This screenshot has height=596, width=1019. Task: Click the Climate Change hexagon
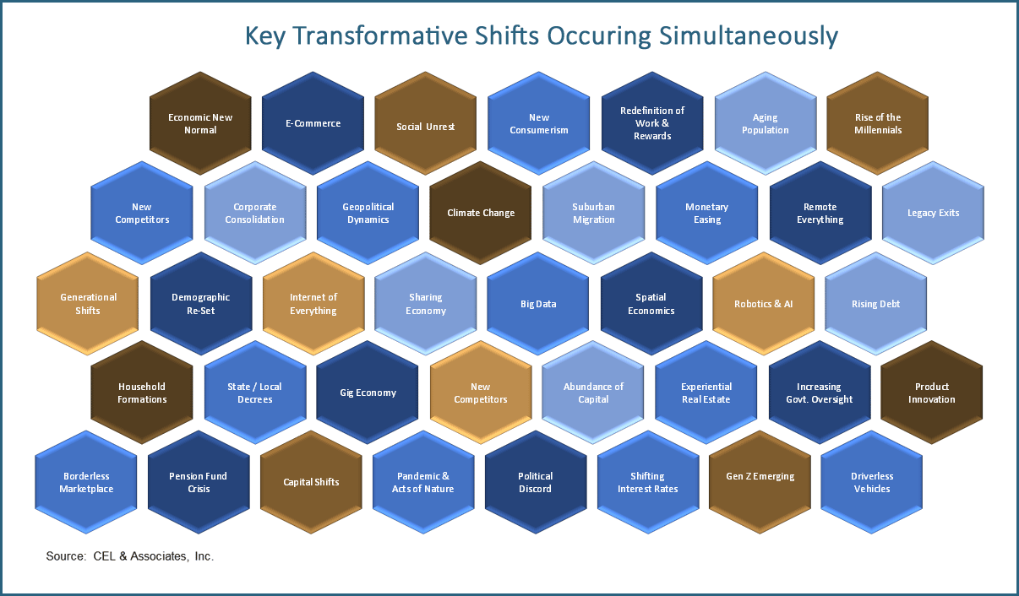[x=481, y=213]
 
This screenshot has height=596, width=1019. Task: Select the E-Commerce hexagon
[x=313, y=123]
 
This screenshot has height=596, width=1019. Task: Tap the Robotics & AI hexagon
[x=763, y=304]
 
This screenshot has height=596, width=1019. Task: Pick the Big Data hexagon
[x=537, y=304]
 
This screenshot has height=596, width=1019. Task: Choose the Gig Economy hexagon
[x=368, y=393]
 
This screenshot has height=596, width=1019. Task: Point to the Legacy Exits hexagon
[x=933, y=213]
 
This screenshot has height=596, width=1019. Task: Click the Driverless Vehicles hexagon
[x=872, y=482]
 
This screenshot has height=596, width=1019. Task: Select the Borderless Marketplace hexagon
[x=86, y=482]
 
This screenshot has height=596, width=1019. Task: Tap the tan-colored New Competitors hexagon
[x=481, y=393]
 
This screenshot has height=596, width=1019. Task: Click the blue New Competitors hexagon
[x=141, y=213]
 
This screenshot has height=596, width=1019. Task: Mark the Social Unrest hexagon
[x=425, y=123]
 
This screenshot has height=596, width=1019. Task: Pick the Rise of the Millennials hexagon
[x=878, y=123]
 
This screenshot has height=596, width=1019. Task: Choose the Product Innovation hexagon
[x=931, y=393]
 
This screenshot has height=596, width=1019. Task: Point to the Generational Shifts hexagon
[x=87, y=304]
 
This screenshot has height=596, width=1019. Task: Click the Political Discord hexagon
[x=536, y=482]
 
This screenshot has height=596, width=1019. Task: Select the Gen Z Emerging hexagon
[x=760, y=482]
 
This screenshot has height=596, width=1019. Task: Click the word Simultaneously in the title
[x=749, y=36]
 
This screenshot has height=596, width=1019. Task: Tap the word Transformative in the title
[x=380, y=35]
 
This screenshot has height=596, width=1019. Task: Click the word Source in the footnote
[x=66, y=556]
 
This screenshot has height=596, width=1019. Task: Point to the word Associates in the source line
[x=158, y=556]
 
